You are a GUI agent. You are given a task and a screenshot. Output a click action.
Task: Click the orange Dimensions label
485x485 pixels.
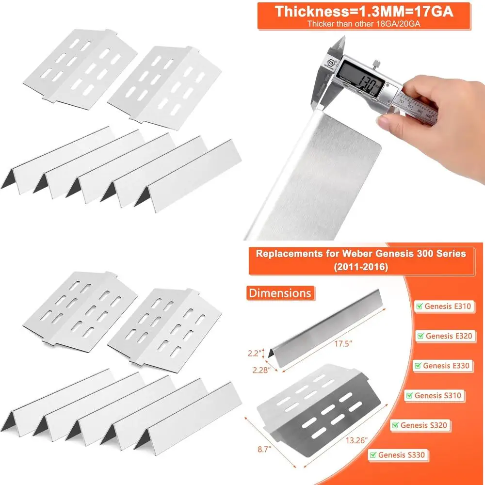(280, 293)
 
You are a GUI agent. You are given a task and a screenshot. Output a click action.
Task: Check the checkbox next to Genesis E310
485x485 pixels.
(419, 307)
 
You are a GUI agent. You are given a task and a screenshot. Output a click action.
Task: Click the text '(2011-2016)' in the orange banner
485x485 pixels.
(361, 267)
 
